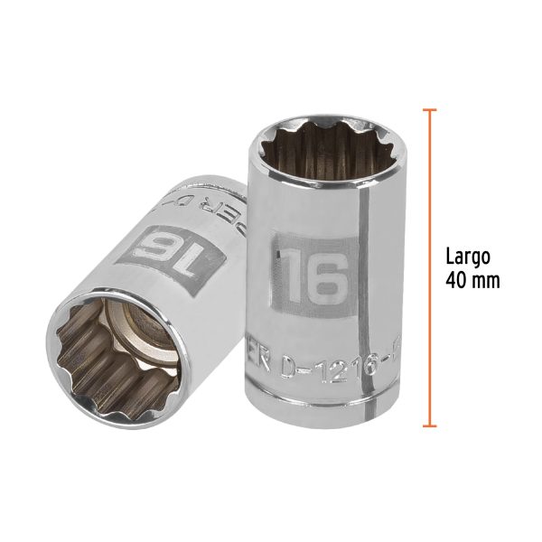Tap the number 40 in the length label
(457, 280)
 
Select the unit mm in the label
(485, 280)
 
